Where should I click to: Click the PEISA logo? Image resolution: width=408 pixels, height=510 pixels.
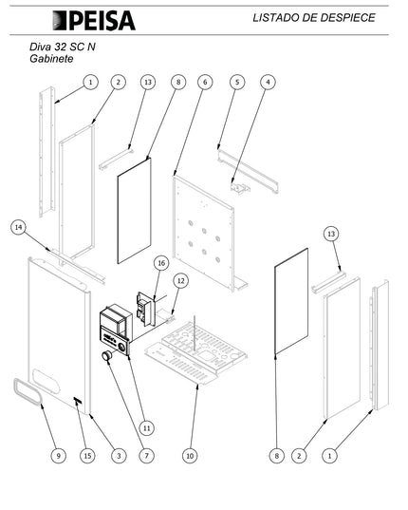tap(94, 21)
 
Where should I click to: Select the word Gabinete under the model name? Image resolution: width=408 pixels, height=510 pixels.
tap(51, 59)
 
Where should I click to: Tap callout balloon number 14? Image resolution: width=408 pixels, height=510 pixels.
tap(19, 227)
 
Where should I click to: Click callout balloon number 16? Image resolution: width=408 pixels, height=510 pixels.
tap(161, 263)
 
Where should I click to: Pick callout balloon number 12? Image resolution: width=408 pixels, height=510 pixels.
tap(181, 280)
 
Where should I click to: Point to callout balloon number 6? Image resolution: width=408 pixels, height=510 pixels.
tap(205, 82)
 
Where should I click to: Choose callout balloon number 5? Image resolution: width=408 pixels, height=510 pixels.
tap(237, 82)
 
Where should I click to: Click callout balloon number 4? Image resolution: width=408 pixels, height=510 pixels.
tap(268, 82)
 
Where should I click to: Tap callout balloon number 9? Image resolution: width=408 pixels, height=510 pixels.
tap(59, 456)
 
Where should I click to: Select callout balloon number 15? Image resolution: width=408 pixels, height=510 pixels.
tap(87, 456)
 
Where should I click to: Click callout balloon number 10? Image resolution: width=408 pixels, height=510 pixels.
tap(190, 456)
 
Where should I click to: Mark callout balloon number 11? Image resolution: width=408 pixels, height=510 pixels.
tap(146, 428)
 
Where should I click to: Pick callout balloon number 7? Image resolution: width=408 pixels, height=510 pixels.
tap(146, 456)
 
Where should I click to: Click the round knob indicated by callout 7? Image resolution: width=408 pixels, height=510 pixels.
tap(106, 356)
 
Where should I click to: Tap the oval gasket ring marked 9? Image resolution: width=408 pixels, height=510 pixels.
tap(28, 391)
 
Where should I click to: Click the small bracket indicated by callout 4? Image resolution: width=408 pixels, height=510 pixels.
tap(240, 189)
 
